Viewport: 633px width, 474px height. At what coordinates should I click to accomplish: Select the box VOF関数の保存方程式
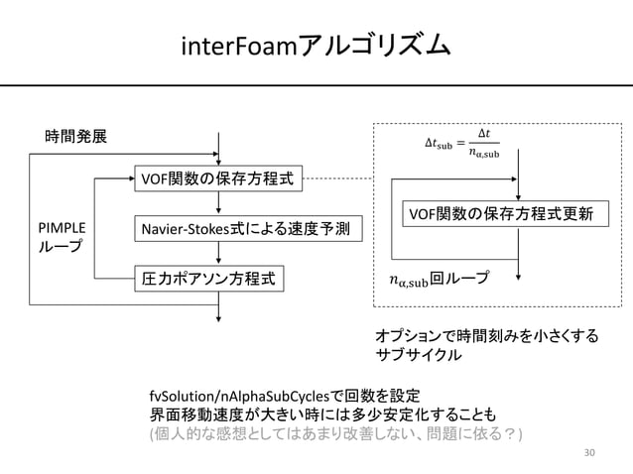point(219,180)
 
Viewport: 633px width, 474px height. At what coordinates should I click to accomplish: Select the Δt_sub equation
point(461,149)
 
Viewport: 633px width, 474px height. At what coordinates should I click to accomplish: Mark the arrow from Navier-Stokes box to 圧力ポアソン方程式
point(219,255)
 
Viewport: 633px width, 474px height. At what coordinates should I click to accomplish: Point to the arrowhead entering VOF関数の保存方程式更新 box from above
point(533,197)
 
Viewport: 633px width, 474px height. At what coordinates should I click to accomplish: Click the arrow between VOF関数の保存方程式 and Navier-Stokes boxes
point(219,205)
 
